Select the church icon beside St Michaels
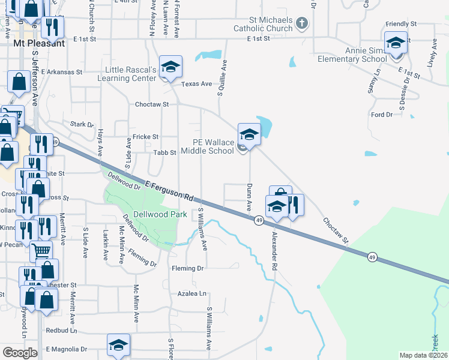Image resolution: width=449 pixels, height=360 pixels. click(x=302, y=24)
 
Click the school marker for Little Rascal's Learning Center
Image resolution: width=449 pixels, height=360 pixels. click(x=170, y=67)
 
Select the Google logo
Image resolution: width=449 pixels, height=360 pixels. click(x=20, y=353)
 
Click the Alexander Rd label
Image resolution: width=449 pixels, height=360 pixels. click(x=276, y=247)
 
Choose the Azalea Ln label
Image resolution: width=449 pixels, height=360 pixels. click(x=191, y=294)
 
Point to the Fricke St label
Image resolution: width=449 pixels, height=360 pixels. click(x=146, y=137)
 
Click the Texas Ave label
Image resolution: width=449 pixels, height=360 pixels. click(x=197, y=84)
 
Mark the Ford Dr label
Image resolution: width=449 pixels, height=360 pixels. click(x=381, y=115)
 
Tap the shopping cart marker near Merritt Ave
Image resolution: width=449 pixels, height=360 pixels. click(x=40, y=251)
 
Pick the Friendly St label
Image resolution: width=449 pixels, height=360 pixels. click(x=397, y=24)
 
